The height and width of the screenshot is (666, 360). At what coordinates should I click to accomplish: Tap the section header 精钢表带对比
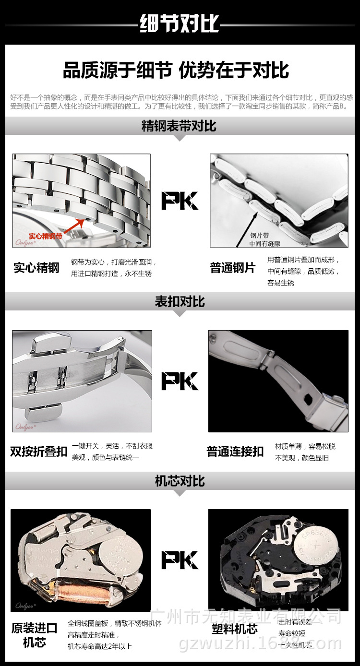click(179, 126)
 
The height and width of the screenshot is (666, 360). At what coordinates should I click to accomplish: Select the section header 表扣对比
click(180, 301)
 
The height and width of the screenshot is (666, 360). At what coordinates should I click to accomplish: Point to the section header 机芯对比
click(180, 480)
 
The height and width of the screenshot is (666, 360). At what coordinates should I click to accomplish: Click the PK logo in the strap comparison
click(180, 201)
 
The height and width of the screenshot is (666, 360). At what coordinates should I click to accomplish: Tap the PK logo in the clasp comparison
click(180, 381)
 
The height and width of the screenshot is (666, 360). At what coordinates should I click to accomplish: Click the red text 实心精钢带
click(45, 236)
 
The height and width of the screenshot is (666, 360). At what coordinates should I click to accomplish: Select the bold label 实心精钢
click(36, 268)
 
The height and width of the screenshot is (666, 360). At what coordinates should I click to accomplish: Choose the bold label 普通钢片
click(233, 268)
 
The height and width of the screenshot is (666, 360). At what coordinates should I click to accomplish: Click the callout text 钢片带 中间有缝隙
click(264, 239)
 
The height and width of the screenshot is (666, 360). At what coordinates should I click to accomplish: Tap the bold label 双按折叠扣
click(38, 452)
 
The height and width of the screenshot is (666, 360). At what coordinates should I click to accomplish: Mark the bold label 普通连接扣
click(235, 452)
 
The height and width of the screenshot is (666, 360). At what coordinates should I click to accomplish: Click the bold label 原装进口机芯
click(34, 635)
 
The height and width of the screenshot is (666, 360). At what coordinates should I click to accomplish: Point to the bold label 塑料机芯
click(235, 629)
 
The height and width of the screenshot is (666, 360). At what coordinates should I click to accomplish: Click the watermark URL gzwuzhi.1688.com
click(260, 644)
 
